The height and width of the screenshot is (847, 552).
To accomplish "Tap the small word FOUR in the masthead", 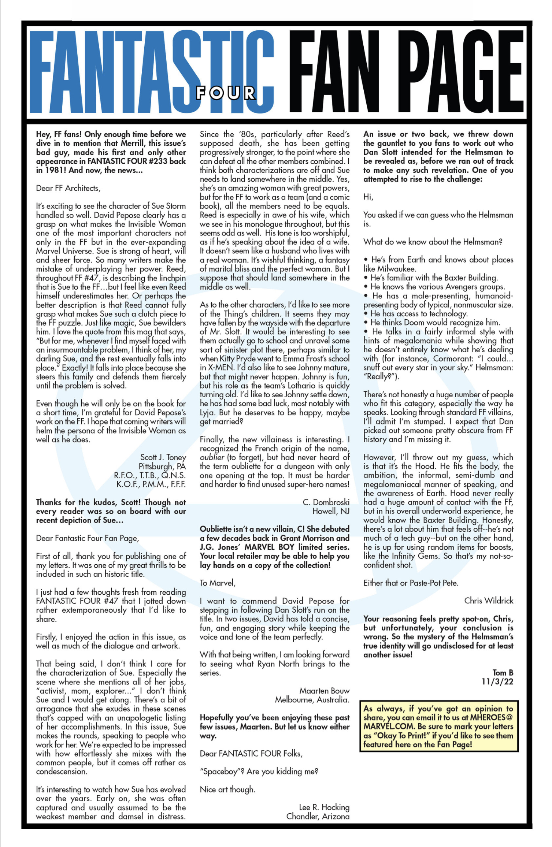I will [x=225, y=93].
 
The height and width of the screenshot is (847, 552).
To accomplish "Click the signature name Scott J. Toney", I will [x=163, y=457].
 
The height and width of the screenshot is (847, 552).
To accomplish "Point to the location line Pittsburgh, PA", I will [x=162, y=467].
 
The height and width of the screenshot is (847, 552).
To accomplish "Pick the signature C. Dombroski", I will [x=326, y=502].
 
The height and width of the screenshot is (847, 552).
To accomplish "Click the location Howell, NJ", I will [x=331, y=511].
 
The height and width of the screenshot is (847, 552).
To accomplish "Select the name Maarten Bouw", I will [x=324, y=691].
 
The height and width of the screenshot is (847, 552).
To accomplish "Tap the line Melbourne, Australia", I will [x=312, y=700].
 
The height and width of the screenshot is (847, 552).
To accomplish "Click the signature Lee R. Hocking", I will [x=324, y=807].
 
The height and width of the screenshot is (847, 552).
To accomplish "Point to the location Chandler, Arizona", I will [x=318, y=817].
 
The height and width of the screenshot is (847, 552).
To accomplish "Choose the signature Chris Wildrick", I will [x=489, y=601].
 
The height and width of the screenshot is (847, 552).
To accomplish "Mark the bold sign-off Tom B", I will [x=503, y=673].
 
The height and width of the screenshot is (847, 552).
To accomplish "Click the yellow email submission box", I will [x=438, y=727].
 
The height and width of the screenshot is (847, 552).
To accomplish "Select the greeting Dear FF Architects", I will [x=68, y=188].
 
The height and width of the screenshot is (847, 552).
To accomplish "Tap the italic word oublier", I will [x=212, y=457].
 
